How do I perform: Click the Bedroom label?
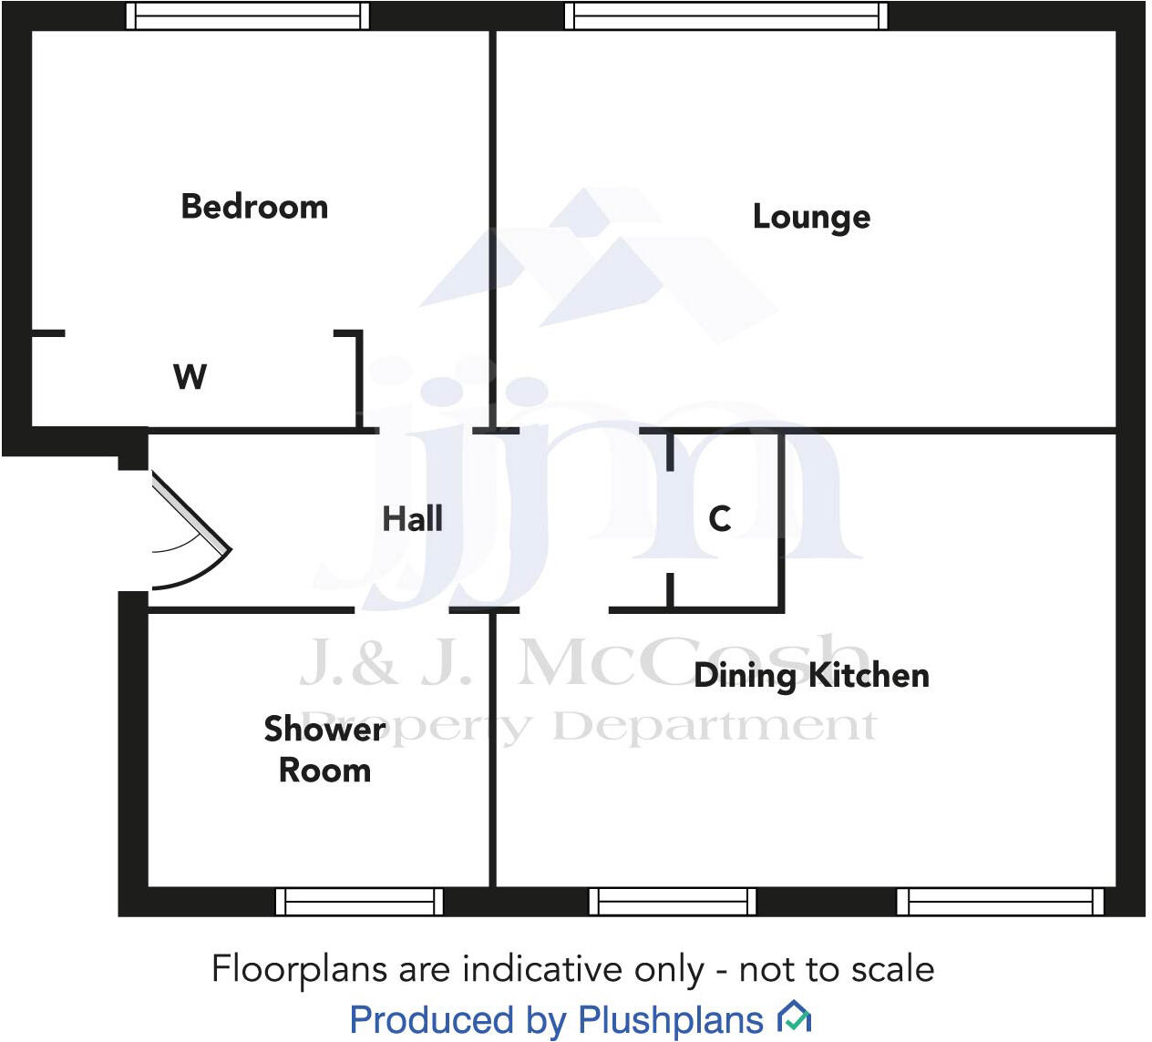254,207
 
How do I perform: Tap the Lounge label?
811,217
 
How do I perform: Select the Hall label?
412,519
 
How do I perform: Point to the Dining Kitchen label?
811,676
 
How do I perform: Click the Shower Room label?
324,750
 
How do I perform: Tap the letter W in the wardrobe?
190,376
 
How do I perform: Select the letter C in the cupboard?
720,518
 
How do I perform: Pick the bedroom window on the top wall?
247,15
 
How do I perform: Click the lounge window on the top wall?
725,15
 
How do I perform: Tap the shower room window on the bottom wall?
359,901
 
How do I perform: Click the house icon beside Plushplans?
794,1016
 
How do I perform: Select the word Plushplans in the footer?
671,1020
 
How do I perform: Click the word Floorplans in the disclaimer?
300,969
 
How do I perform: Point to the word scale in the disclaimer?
892,969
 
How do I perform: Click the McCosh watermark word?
693,661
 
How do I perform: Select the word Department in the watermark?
715,727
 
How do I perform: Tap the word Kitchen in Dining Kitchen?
869,676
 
